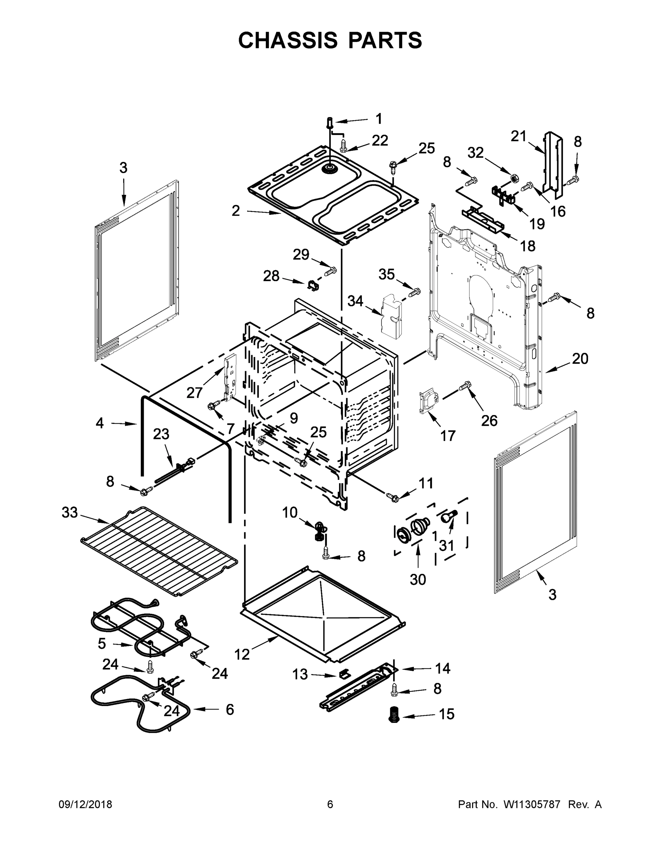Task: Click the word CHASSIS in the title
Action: pyautogui.click(x=288, y=40)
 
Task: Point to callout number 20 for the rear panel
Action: pyautogui.click(x=580, y=359)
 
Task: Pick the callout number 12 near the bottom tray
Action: pyautogui.click(x=242, y=654)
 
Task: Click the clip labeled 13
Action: pyautogui.click(x=344, y=674)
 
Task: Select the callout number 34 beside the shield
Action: pyautogui.click(x=355, y=301)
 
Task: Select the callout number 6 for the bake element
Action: pyautogui.click(x=230, y=709)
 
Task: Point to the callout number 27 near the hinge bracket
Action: pyautogui.click(x=194, y=392)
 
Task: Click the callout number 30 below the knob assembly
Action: pyautogui.click(x=418, y=579)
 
